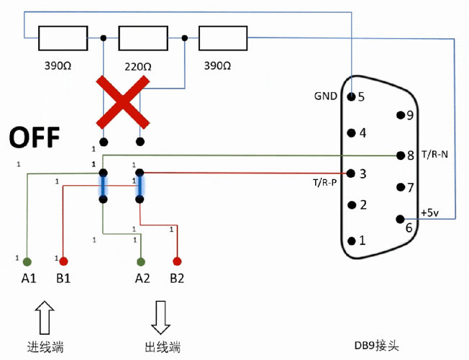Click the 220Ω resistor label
tap(137, 66)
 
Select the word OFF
tap(34, 138)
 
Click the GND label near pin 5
tap(325, 96)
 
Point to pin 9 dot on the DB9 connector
tap(399, 115)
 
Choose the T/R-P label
tap(325, 182)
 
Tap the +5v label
tap(429, 212)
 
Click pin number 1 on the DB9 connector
tap(363, 240)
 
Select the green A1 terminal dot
tap(27, 261)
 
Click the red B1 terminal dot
tap(63, 261)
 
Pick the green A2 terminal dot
tap(141, 261)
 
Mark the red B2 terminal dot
tap(177, 261)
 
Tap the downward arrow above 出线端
tap(161, 315)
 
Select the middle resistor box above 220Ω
tap(142, 37)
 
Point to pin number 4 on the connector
tap(363, 132)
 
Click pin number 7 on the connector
tap(410, 188)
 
